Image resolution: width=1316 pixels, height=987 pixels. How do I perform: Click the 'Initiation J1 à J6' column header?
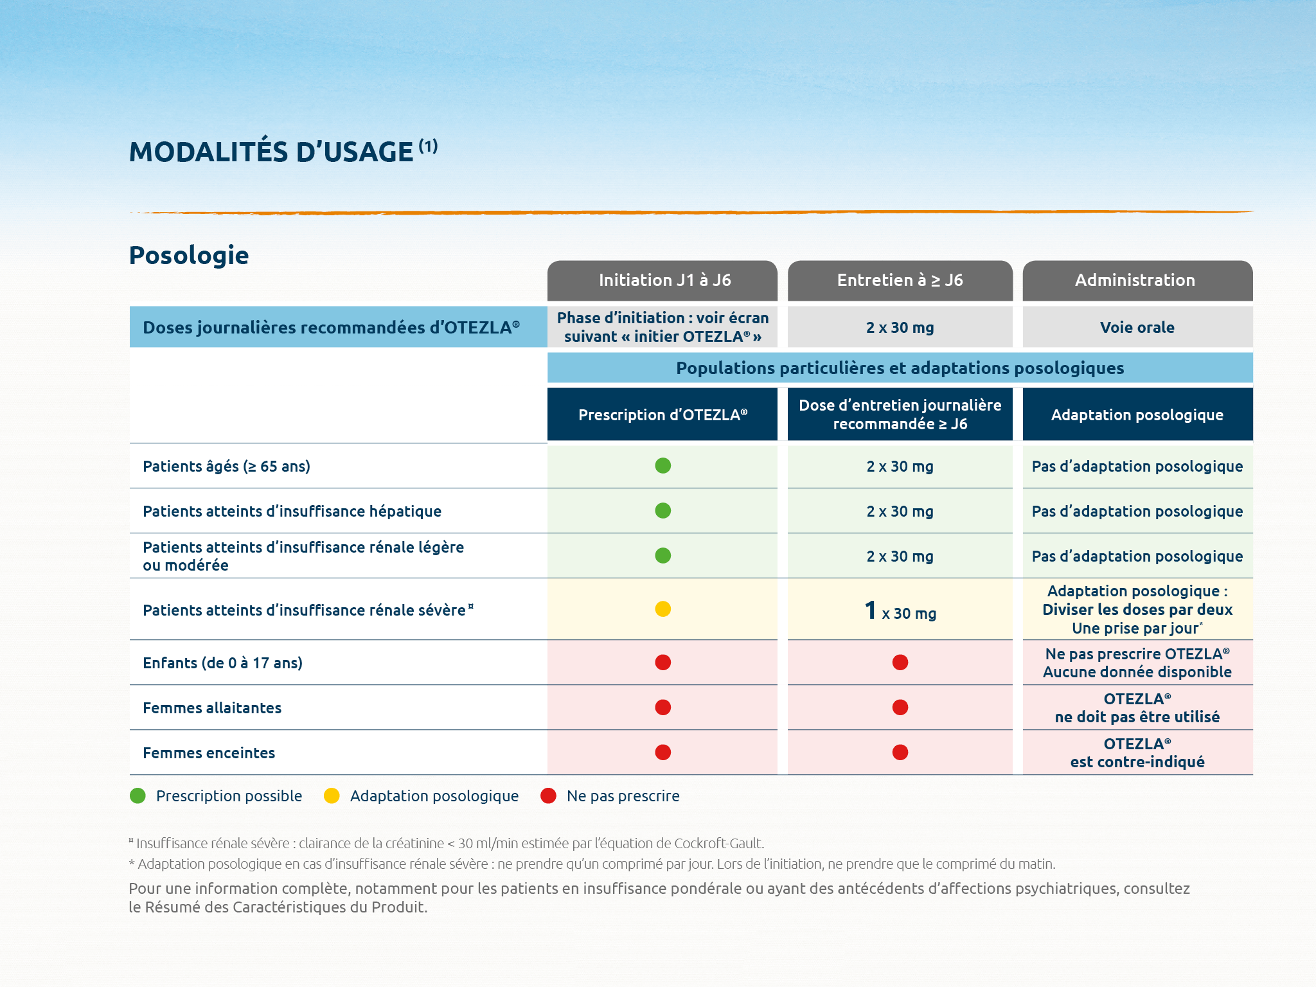664,280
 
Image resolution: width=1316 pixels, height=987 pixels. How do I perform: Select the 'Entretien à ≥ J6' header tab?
900,280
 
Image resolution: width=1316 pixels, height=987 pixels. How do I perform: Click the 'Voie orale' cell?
1137,328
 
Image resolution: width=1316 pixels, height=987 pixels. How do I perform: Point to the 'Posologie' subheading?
189,255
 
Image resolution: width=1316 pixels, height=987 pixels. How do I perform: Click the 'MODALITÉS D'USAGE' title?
271,152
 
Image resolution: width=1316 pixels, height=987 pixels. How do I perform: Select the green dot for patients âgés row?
662,466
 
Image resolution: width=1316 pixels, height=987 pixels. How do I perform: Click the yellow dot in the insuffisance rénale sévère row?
662,609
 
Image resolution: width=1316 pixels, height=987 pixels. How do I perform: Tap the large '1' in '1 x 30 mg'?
871,610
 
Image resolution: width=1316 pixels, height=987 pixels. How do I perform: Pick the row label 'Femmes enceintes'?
209,753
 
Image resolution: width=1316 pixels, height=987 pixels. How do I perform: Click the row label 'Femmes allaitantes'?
212,708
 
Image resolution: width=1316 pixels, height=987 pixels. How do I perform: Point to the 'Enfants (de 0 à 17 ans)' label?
222,663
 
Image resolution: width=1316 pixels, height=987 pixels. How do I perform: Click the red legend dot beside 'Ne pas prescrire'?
548,796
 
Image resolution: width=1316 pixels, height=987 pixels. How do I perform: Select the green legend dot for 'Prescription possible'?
138,796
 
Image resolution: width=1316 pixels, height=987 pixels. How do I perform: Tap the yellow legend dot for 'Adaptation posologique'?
332,796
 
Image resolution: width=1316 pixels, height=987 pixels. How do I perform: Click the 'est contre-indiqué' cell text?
1137,762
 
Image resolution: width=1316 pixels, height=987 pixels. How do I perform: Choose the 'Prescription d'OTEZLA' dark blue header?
662,415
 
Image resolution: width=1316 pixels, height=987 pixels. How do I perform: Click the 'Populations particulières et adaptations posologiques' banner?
900,368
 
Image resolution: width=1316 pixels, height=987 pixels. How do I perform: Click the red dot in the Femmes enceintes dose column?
900,752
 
